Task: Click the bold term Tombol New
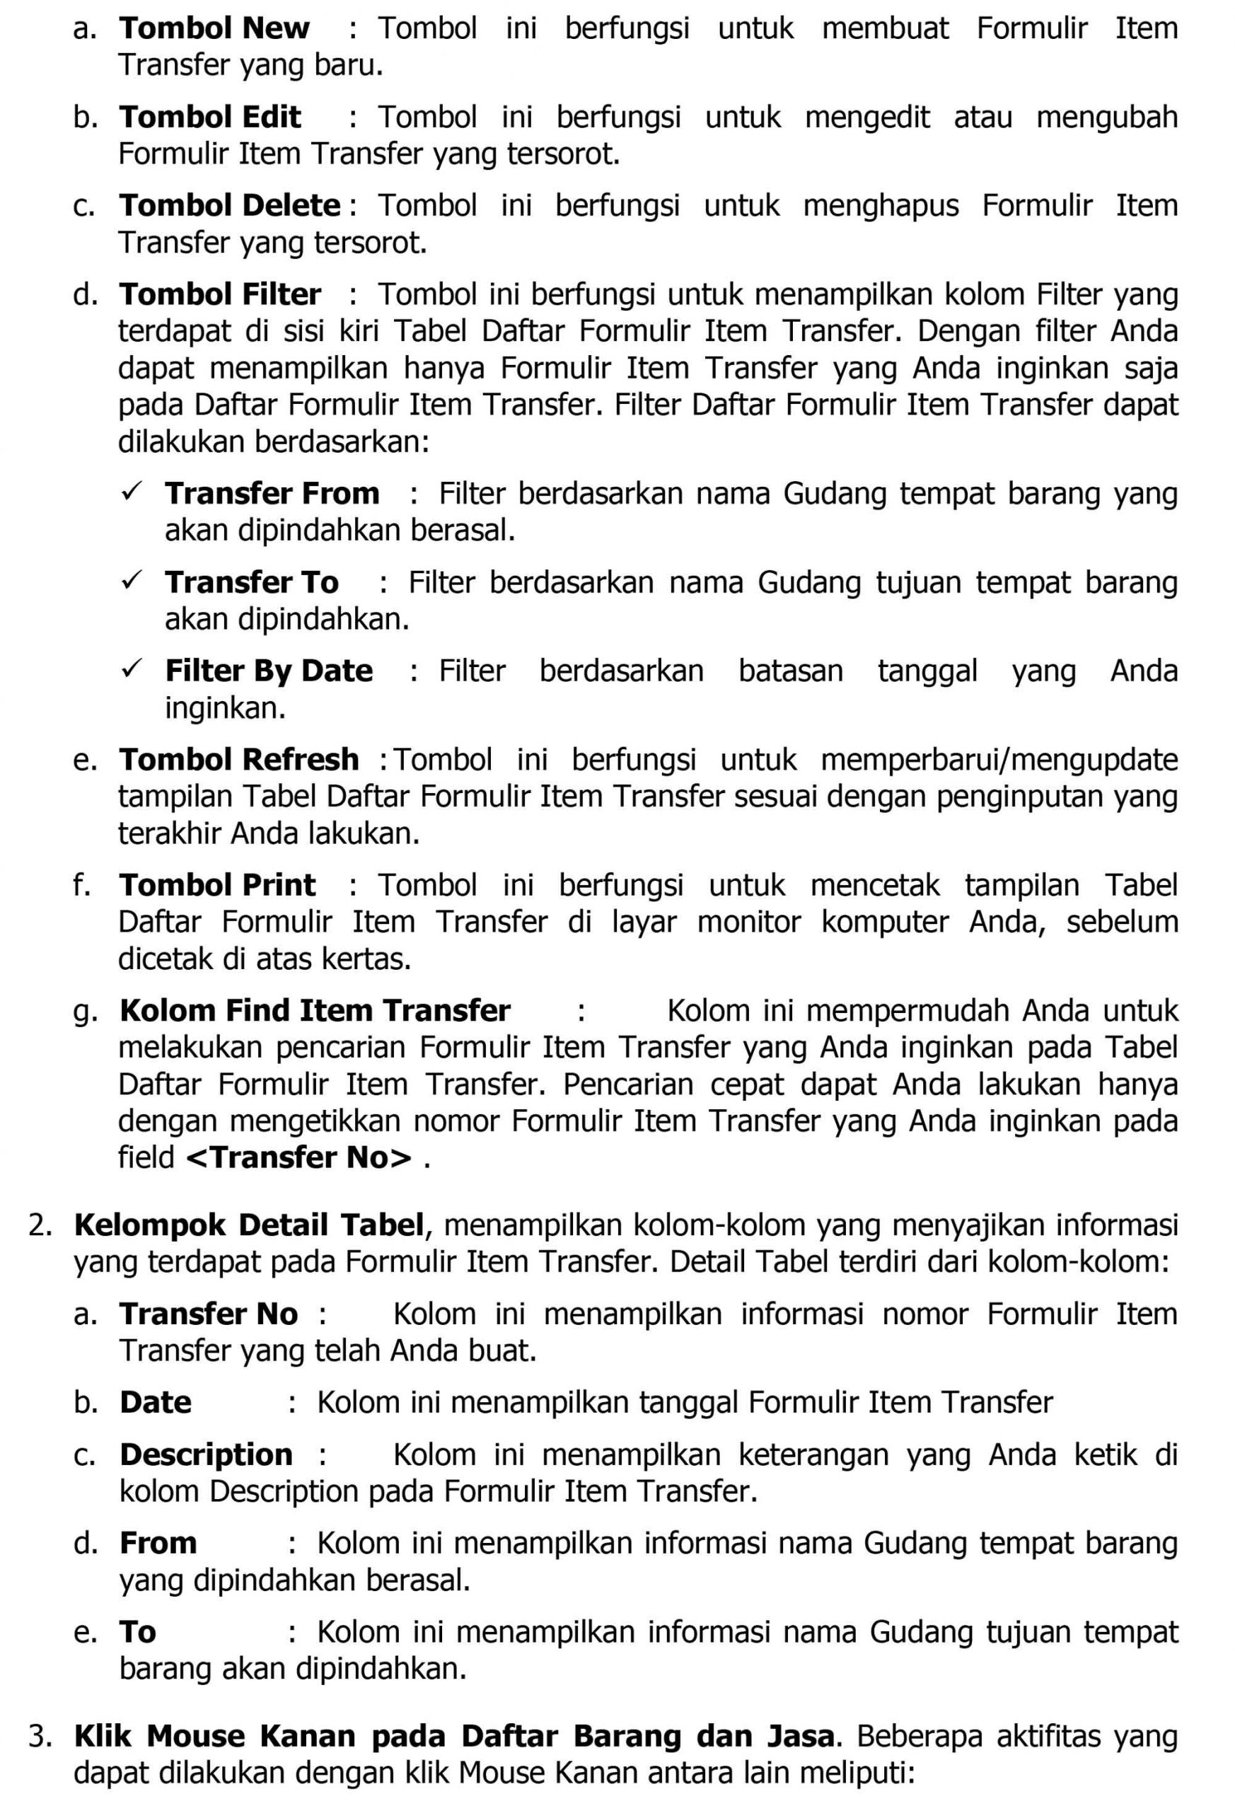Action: coord(214,29)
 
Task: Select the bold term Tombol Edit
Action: coord(209,117)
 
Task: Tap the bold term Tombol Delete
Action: coord(229,207)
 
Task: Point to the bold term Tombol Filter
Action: coord(220,295)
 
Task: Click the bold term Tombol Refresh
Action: coord(238,760)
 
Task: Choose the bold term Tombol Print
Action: coord(216,886)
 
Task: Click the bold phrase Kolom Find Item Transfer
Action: coord(315,1012)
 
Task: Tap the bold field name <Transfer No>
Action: coord(299,1158)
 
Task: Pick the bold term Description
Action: coord(206,1456)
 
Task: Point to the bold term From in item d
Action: coord(158,1544)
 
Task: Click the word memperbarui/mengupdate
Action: coord(999,760)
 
